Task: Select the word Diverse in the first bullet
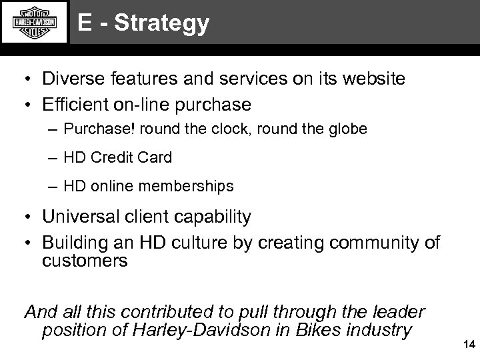(70, 79)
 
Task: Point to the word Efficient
(71, 105)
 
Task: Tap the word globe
(347, 129)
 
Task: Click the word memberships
(187, 187)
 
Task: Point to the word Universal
(77, 217)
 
